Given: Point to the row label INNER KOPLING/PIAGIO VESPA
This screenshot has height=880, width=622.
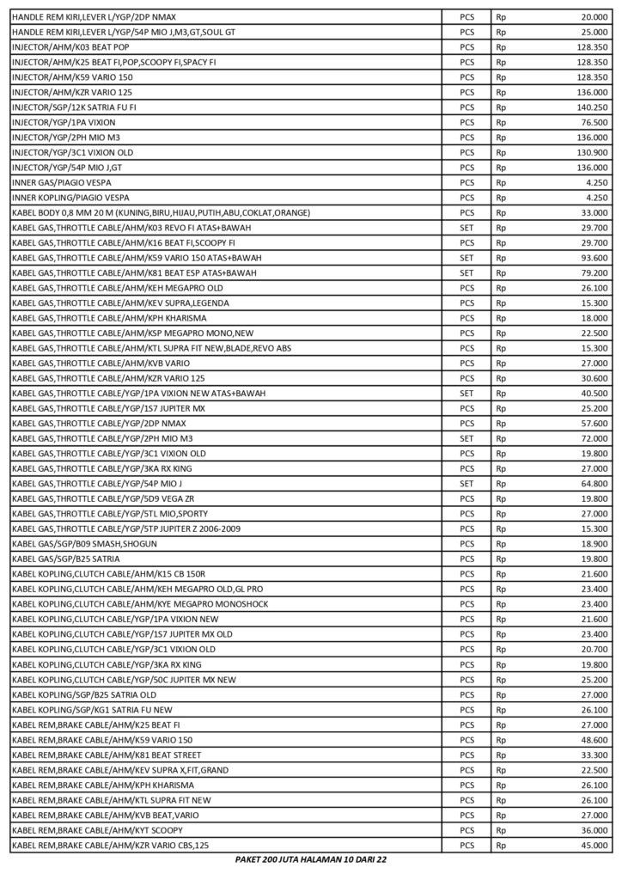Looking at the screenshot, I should (x=62, y=198).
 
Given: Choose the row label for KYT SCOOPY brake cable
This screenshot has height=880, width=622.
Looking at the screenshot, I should (x=98, y=830).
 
